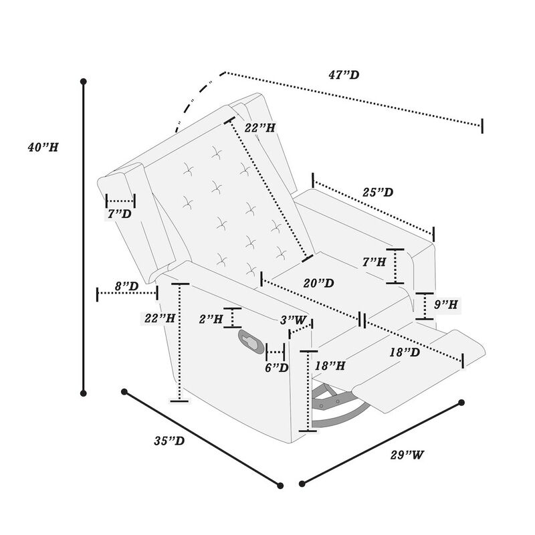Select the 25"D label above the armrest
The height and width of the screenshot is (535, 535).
tap(378, 193)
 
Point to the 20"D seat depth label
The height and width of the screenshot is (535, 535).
tap(318, 284)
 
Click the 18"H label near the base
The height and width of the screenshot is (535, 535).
tap(330, 366)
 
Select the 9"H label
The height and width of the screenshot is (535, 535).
tap(445, 304)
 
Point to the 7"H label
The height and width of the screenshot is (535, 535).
tap(373, 263)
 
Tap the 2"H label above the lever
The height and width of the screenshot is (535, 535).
tap(212, 320)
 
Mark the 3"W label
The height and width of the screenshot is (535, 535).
tap(297, 320)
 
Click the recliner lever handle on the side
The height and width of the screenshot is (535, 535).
tap(249, 341)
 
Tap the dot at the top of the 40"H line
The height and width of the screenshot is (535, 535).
tap(84, 82)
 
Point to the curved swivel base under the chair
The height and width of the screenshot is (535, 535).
tap(338, 408)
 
